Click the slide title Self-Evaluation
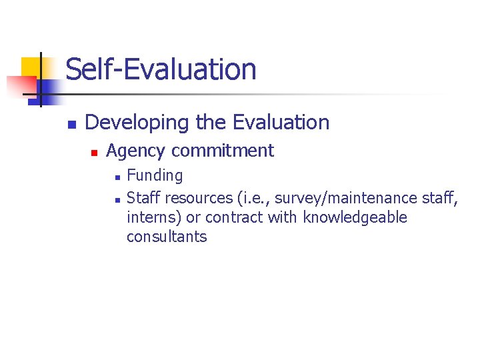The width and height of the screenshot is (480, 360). pyautogui.click(x=161, y=69)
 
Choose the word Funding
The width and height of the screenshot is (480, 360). pyautogui.click(x=155, y=176)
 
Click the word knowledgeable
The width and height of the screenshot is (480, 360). pyautogui.click(x=355, y=217)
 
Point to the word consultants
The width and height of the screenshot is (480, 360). pyautogui.click(x=167, y=237)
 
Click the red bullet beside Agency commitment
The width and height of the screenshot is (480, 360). pyautogui.click(x=95, y=153)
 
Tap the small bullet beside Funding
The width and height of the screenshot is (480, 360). pyautogui.click(x=116, y=177)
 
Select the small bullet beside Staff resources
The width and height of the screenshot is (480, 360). pyautogui.click(x=116, y=199)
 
